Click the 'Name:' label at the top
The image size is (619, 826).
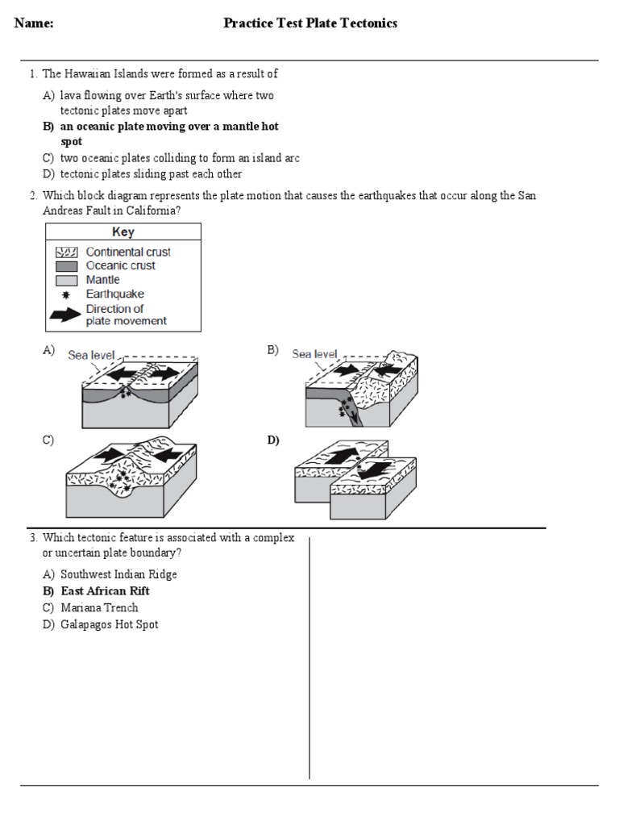[34, 23]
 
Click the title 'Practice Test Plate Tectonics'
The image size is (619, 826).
[310, 23]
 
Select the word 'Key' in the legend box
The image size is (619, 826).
[123, 232]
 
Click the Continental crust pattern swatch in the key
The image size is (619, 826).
[65, 252]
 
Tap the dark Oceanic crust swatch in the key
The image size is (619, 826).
[65, 265]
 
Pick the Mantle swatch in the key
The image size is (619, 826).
[65, 280]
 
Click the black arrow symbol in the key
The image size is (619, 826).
[65, 315]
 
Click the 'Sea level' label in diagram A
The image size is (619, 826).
[91, 355]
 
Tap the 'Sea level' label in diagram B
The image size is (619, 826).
[314, 353]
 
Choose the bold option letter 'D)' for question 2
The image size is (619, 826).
[273, 440]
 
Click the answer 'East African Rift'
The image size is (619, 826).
[105, 591]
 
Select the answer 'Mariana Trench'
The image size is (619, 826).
[99, 607]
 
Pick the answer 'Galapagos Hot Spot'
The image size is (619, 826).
[109, 624]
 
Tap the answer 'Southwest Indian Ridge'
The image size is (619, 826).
[118, 574]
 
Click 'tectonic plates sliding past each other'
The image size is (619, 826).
[151, 173]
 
